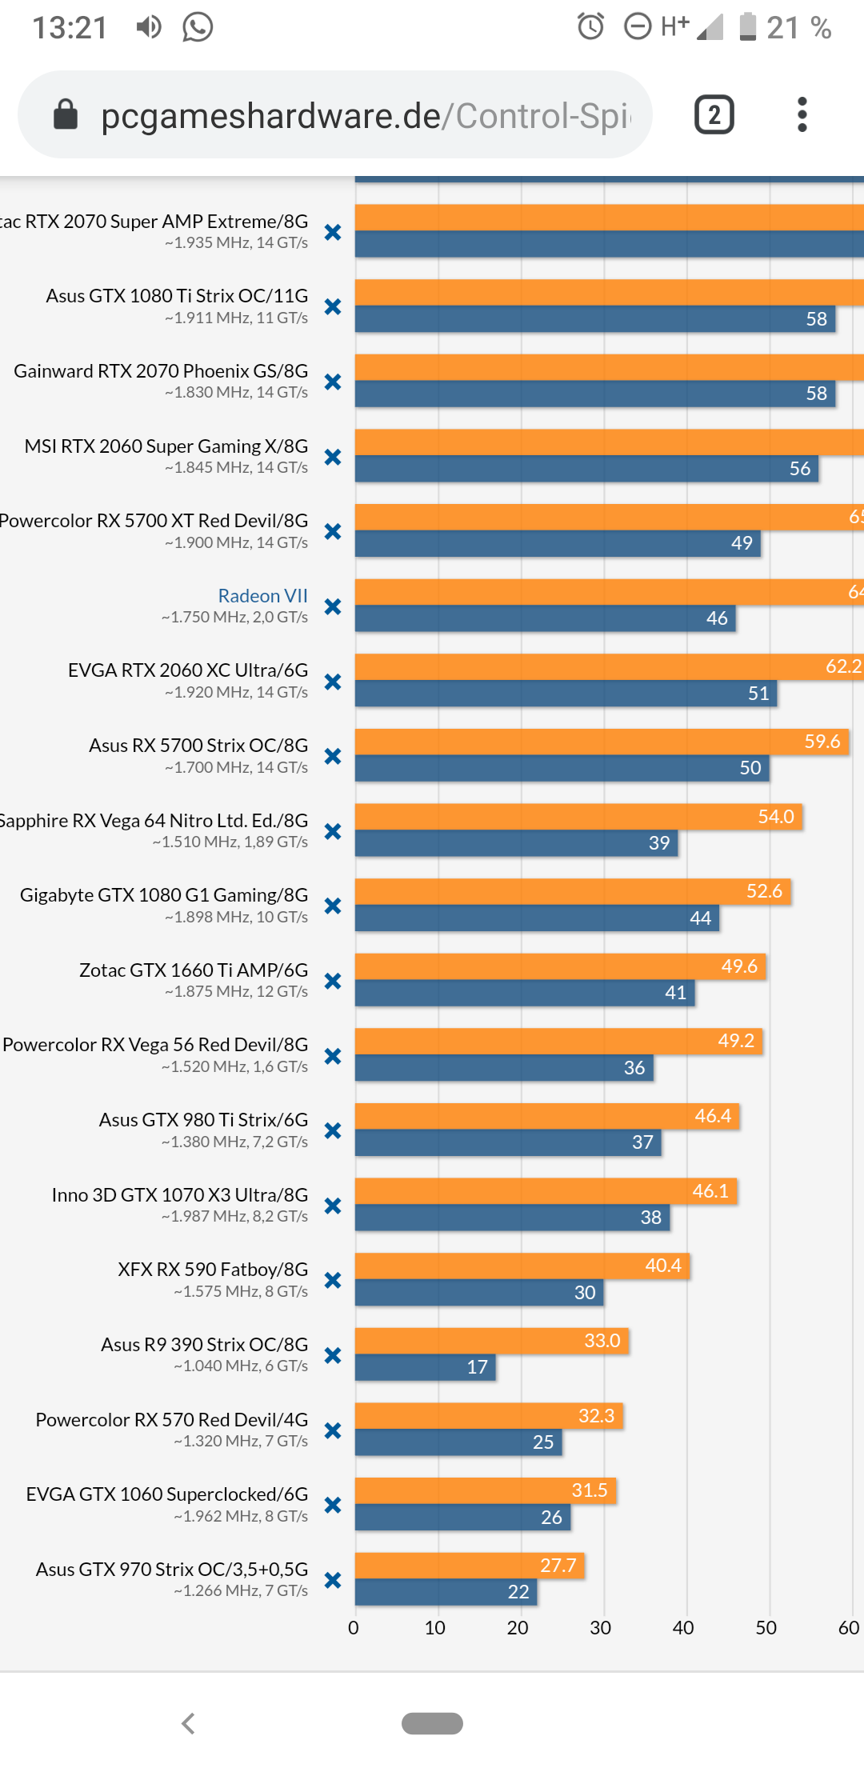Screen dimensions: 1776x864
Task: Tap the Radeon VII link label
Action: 262,596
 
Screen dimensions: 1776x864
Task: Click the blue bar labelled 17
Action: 425,1367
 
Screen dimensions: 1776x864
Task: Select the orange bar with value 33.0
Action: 491,1340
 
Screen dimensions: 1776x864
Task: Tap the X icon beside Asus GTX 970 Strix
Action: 333,1580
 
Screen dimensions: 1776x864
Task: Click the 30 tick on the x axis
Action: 601,1628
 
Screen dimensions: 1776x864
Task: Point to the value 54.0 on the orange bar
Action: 776,817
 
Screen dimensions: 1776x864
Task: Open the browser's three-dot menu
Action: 802,115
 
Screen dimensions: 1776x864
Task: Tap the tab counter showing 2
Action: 714,115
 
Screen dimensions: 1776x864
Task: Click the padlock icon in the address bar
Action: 66,115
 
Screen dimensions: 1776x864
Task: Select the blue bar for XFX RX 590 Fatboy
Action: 478,1293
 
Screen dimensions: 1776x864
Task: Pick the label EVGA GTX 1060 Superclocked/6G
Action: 167,1494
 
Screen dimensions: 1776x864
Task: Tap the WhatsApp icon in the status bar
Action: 198,27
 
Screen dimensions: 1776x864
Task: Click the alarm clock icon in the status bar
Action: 591,27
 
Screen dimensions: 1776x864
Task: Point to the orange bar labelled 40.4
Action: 522,1266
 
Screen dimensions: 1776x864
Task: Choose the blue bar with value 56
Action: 586,469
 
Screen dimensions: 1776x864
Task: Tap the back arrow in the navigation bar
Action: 189,1723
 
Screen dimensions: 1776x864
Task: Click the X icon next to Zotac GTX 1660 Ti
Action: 333,981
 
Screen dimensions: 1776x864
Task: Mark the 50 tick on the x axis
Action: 766,1628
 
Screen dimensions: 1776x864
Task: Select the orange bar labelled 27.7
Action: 469,1566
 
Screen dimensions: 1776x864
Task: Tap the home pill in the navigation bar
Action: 432,1723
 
